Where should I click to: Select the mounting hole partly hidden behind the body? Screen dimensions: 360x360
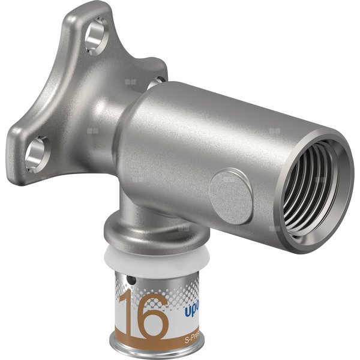point(158,79)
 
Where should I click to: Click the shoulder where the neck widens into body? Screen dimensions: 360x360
point(129,120)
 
